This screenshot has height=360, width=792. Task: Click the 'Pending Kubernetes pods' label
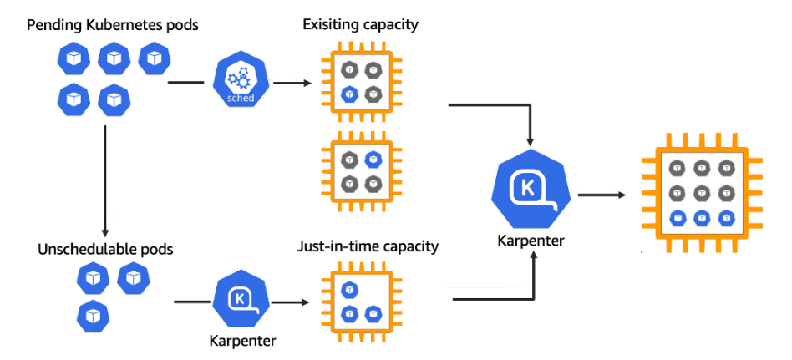click(113, 24)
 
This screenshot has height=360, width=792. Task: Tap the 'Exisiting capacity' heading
click(360, 24)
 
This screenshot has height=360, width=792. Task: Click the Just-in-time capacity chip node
click(360, 302)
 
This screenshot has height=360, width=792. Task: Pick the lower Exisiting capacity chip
click(360, 170)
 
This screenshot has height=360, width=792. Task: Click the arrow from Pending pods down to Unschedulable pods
click(104, 180)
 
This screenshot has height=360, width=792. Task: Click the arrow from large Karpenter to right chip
click(602, 195)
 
